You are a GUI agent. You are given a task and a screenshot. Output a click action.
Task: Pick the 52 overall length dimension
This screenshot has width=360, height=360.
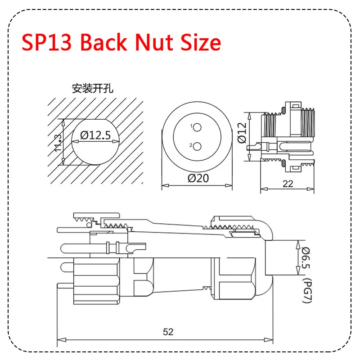[x=168, y=332]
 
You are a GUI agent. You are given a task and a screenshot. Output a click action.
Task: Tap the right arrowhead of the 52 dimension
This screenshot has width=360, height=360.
[x=271, y=339]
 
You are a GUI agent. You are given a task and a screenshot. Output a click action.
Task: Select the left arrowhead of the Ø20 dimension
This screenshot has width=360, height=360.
[x=164, y=185]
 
